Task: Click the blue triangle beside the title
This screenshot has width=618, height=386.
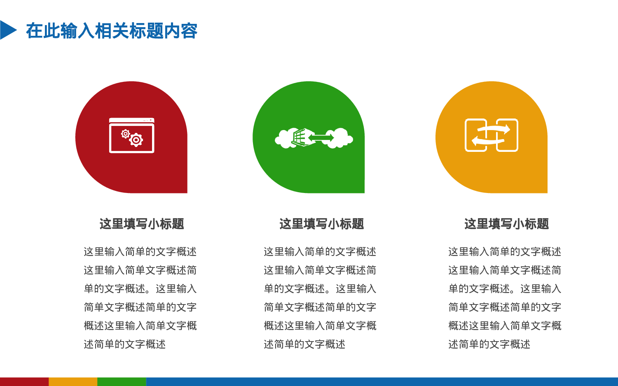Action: [7, 30]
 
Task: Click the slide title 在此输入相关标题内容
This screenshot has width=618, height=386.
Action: [112, 31]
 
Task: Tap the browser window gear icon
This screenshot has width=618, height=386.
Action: [131, 135]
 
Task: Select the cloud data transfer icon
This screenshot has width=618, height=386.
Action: [314, 138]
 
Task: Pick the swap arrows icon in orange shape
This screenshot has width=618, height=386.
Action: [491, 135]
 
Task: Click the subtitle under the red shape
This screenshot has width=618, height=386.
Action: [141, 224]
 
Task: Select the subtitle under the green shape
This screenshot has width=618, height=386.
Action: [321, 224]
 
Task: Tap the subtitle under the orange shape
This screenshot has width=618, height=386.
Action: [506, 224]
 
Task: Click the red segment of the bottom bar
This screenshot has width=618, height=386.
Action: [24, 381]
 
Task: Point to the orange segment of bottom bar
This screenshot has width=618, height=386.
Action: [73, 381]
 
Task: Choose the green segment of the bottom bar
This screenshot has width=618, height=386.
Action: [122, 381]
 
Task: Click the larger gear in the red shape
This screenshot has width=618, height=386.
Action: [136, 140]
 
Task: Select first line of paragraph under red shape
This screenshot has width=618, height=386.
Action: [140, 251]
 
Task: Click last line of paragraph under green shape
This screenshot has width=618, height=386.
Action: [304, 344]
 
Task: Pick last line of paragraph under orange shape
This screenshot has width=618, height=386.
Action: [489, 344]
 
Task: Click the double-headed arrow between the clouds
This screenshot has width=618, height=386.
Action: [321, 138]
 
